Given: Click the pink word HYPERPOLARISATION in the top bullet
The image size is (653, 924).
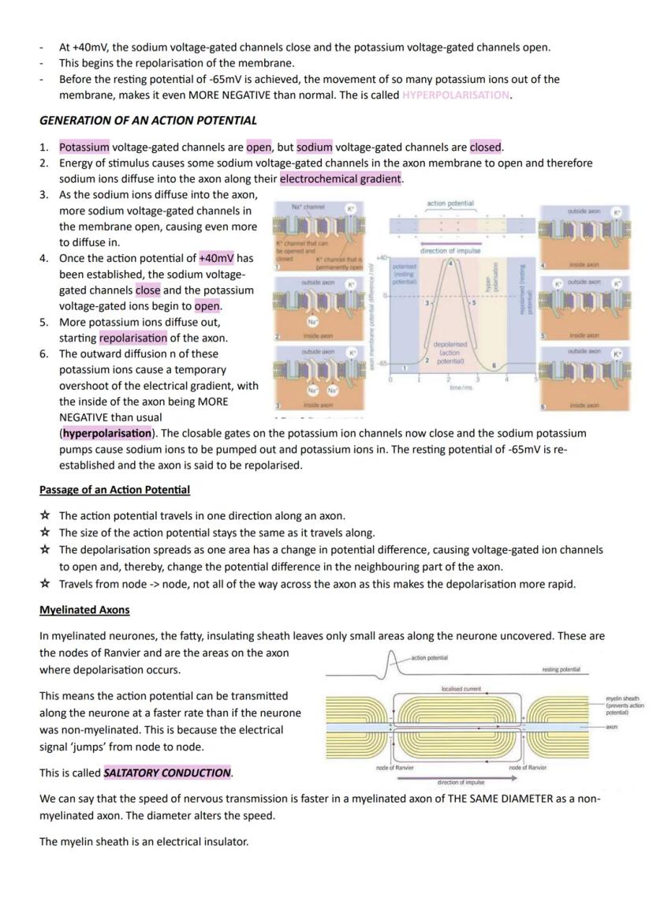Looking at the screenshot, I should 456,95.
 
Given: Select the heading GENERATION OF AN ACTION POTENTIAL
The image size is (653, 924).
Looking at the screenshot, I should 148,121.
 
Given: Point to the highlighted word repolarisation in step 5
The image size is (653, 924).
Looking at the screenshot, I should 133,339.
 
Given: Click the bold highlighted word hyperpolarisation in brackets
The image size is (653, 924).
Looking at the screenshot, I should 106,433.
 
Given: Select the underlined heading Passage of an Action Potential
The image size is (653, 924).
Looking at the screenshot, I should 114,490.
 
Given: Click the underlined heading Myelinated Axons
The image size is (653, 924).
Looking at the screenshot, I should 84,610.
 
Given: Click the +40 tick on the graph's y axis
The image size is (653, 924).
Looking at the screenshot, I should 382,257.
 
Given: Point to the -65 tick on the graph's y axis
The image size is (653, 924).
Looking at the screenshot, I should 381,363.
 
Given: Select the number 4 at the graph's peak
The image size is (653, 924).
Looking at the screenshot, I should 450,264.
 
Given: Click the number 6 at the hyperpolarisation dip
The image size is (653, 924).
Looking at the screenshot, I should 494,366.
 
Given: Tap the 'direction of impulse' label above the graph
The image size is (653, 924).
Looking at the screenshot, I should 450,251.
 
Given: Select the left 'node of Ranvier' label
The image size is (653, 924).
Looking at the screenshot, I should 394,767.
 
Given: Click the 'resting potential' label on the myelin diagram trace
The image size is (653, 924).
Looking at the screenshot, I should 561,669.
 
